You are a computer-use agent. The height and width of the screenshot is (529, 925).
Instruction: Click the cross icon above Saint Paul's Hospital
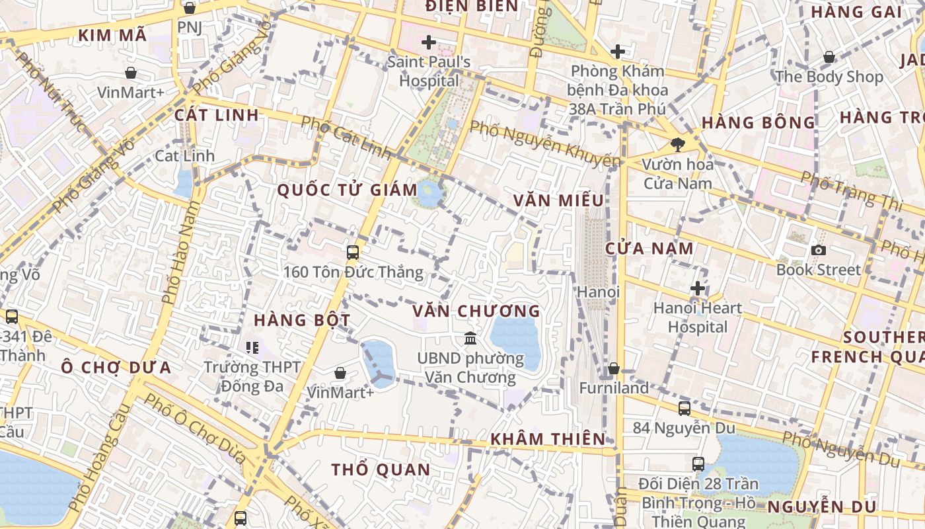pyautogui.click(x=429, y=43)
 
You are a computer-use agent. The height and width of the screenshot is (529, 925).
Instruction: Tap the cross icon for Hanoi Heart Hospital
pyautogui.click(x=697, y=288)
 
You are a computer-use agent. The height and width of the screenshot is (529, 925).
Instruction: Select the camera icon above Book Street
pyautogui.click(x=819, y=250)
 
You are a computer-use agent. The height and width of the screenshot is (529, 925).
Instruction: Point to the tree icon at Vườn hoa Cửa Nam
pyautogui.click(x=677, y=144)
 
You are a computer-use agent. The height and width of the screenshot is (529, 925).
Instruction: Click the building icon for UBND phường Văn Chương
pyautogui.click(x=470, y=339)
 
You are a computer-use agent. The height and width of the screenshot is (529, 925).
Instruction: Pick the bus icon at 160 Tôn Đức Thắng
pyautogui.click(x=353, y=252)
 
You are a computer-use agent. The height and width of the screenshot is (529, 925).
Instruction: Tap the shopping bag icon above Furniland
pyautogui.click(x=614, y=368)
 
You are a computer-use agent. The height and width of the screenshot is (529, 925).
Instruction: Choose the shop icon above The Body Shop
pyautogui.click(x=829, y=58)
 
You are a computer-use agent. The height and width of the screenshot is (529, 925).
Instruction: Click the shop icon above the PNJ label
pyautogui.click(x=190, y=8)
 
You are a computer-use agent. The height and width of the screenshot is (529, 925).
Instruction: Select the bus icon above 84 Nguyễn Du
pyautogui.click(x=684, y=408)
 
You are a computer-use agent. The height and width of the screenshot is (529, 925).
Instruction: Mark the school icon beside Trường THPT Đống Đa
pyautogui.click(x=252, y=346)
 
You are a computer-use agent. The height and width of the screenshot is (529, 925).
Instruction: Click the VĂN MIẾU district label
pyautogui.click(x=558, y=200)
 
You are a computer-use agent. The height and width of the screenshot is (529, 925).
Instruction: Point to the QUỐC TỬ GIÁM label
pyautogui.click(x=347, y=190)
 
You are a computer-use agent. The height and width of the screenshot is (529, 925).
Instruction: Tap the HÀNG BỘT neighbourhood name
pyautogui.click(x=302, y=320)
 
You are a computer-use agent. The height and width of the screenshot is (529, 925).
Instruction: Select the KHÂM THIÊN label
pyautogui.click(x=548, y=438)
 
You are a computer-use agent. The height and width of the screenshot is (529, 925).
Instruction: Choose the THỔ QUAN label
pyautogui.click(x=381, y=469)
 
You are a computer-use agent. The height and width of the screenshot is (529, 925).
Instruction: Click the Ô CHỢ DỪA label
pyautogui.click(x=116, y=367)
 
